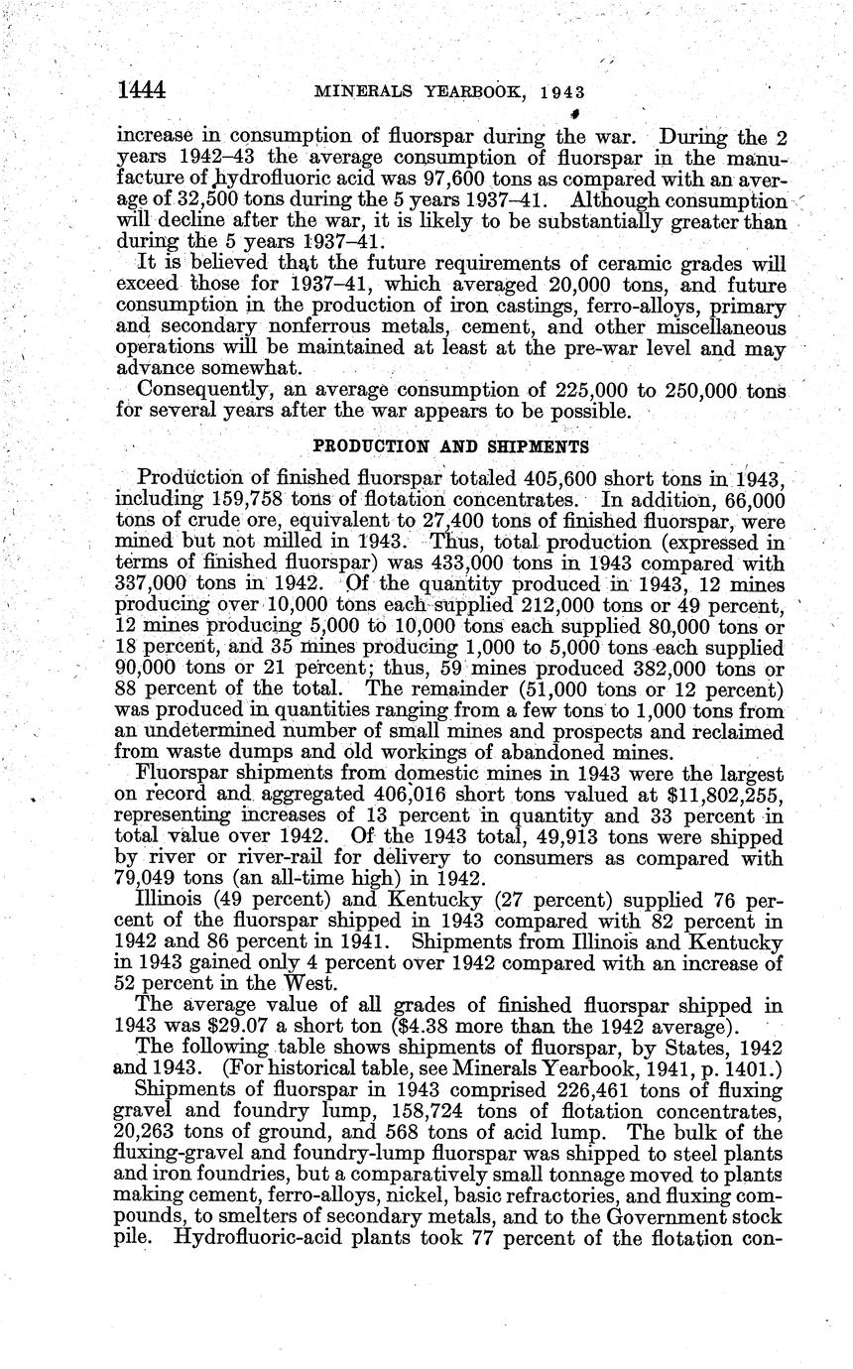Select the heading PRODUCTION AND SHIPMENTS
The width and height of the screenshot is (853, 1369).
[450, 446]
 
